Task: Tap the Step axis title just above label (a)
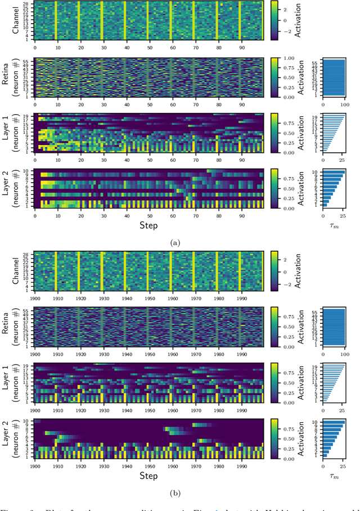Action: tap(150, 225)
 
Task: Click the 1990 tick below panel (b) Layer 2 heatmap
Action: tap(241, 464)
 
